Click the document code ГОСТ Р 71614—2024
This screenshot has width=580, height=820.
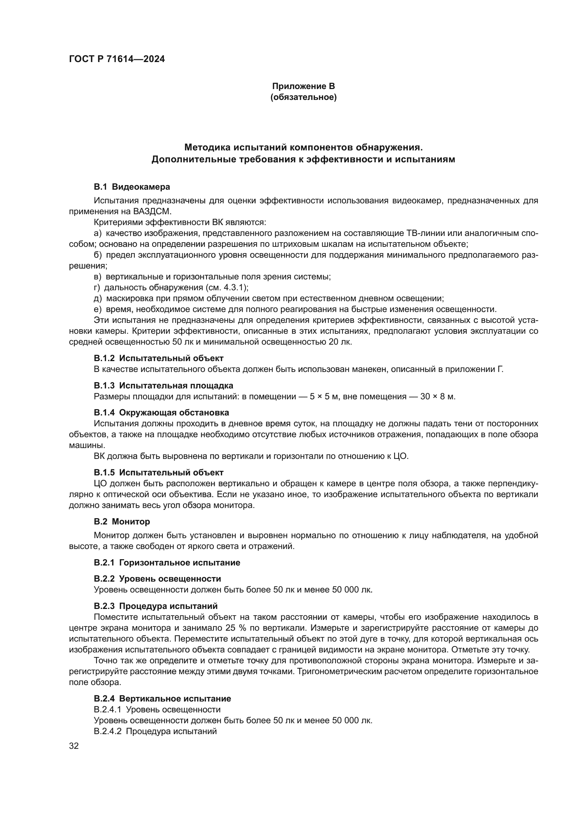(117, 59)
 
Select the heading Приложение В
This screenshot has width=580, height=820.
(303, 86)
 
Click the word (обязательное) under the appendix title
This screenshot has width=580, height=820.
(303, 97)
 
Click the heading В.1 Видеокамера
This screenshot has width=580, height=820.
(132, 187)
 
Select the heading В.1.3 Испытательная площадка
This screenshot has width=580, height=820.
(163, 385)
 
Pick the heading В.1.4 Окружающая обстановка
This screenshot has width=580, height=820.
(161, 413)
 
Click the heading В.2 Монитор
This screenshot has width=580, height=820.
(122, 521)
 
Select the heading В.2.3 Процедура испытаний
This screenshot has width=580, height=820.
(156, 606)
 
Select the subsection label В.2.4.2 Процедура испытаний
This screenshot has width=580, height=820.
(155, 731)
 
